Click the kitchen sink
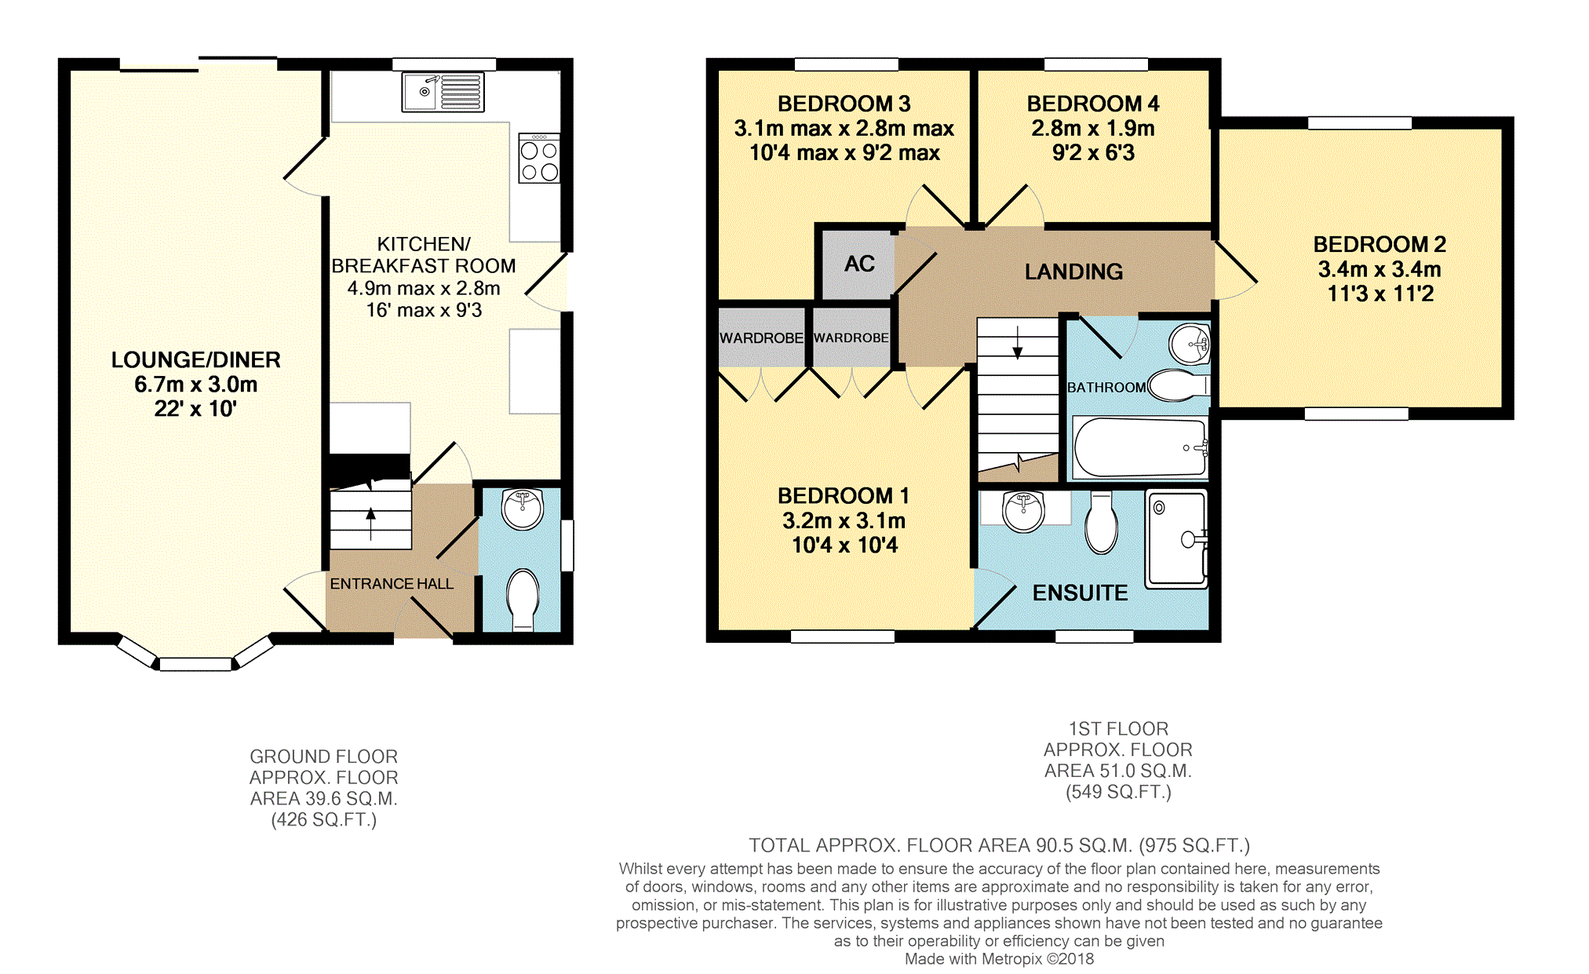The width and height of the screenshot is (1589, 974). click(x=443, y=92)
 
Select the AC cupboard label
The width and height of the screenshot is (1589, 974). click(x=859, y=264)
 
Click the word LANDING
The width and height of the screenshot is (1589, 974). click(x=1073, y=272)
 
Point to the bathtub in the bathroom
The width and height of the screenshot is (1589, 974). click(x=1140, y=447)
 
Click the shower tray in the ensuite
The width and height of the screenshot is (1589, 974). click(x=1176, y=539)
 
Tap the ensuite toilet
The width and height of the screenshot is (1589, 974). click(x=1102, y=522)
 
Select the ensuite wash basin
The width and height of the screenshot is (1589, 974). click(x=1023, y=511)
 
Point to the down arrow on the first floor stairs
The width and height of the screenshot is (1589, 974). click(x=1018, y=343)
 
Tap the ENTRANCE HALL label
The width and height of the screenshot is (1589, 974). click(x=392, y=584)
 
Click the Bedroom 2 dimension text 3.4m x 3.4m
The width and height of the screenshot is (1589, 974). click(x=1379, y=269)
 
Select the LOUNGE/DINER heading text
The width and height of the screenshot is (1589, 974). click(x=195, y=359)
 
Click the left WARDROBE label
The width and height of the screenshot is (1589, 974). click(x=761, y=338)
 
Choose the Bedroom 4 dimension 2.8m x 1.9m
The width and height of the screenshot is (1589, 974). click(x=1093, y=128)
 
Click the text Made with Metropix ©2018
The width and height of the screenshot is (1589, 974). click(x=999, y=958)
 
